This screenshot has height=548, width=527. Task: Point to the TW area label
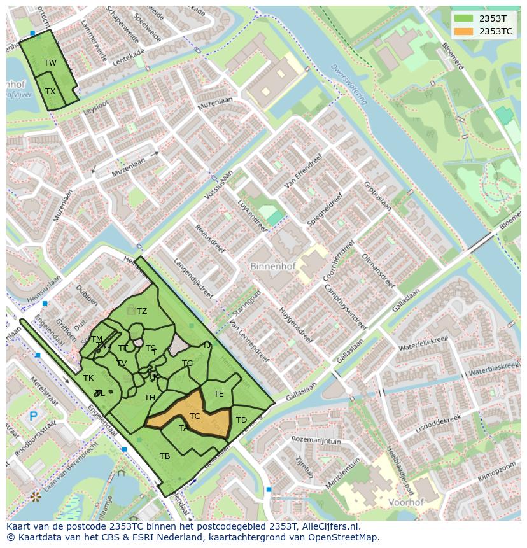(x=50, y=62)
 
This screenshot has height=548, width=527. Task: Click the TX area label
(x=50, y=91)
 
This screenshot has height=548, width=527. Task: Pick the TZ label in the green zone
(x=141, y=311)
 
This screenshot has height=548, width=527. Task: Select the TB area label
(x=165, y=456)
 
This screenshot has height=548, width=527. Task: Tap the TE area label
(x=218, y=393)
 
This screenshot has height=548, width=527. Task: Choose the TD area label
(x=241, y=419)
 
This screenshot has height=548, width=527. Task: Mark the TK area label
(x=88, y=378)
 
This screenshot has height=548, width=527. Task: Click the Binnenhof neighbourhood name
(x=272, y=266)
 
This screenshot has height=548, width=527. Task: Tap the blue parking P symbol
(x=33, y=418)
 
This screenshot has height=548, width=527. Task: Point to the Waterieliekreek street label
(x=423, y=343)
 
